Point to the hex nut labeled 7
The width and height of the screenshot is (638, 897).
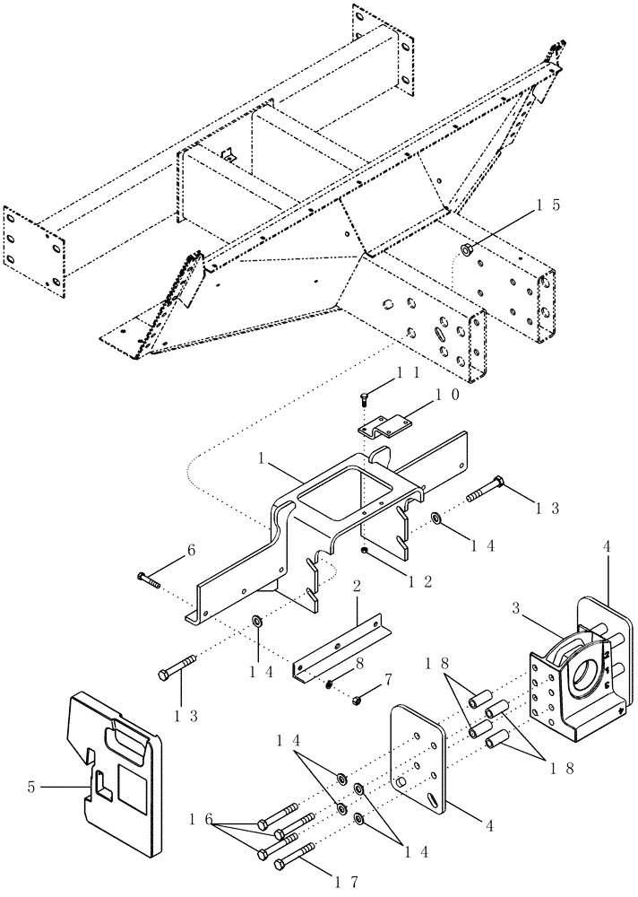pyautogui.click(x=356, y=699)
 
